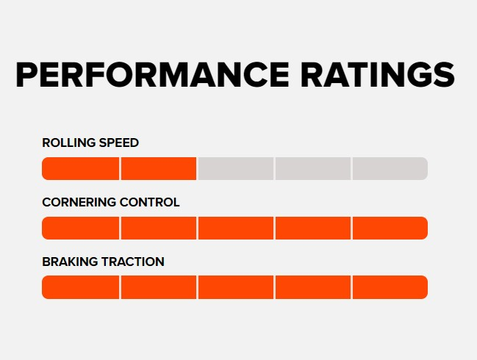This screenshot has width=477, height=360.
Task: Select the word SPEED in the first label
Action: (x=120, y=143)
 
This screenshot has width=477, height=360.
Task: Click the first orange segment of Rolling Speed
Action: (x=81, y=168)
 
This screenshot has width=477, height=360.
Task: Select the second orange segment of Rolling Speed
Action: (x=159, y=168)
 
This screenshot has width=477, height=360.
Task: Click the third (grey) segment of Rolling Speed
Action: (x=236, y=168)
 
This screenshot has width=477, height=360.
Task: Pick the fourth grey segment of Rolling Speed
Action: (x=313, y=168)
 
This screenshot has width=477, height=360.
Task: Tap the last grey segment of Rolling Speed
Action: (x=390, y=168)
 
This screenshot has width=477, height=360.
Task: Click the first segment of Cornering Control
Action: (x=81, y=228)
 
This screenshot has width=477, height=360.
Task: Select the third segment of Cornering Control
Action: (x=236, y=228)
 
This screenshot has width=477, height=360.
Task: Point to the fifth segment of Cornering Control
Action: (x=390, y=228)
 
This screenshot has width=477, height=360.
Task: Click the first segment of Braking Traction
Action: (x=81, y=287)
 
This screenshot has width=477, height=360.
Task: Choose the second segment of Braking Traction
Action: (x=159, y=287)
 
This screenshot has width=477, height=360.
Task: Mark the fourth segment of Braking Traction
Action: (x=313, y=287)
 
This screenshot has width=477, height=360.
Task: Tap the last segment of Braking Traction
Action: (x=390, y=287)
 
